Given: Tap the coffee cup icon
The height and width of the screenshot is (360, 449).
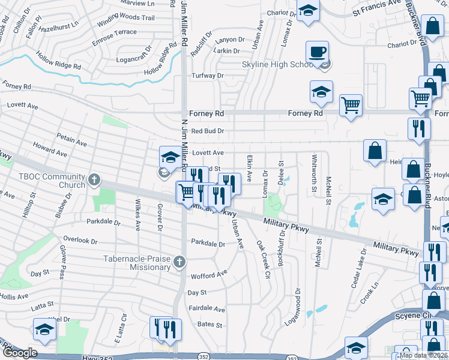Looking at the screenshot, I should click(317, 51).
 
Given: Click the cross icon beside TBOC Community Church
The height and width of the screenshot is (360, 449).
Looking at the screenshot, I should click(94, 179).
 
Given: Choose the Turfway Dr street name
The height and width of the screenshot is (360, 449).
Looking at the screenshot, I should click(207, 76).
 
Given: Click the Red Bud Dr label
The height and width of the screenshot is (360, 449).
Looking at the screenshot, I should click(207, 131).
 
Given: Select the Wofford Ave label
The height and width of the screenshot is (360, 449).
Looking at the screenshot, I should click(209, 275).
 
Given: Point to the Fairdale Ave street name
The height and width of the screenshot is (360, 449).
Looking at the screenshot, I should click(206, 310).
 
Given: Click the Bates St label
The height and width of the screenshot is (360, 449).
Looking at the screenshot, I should click(210, 325).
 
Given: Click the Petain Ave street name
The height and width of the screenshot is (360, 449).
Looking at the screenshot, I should click(72, 140).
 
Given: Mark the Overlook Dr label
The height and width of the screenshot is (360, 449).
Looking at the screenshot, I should click(80, 241).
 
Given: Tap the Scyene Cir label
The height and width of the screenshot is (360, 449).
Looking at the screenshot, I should click(411, 315).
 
